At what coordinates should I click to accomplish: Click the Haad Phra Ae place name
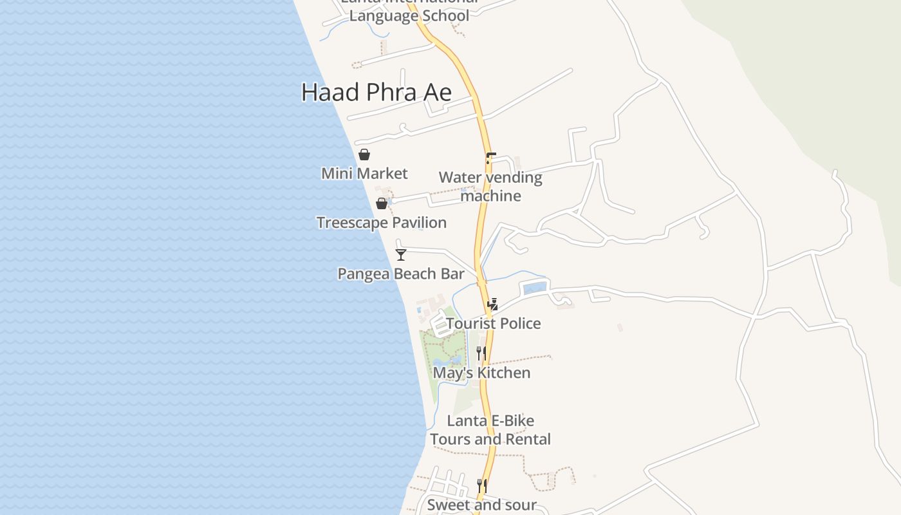pos(376,93)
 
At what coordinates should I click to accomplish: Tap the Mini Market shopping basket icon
pos(364,154)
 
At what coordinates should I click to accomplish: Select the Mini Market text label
pos(364,173)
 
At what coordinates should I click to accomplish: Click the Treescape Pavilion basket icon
pos(382,203)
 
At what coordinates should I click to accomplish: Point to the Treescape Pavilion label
pos(382,223)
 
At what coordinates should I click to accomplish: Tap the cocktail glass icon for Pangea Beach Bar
pos(401,255)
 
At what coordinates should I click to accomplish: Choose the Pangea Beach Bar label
pos(401,274)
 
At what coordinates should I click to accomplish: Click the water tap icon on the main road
pos(490,158)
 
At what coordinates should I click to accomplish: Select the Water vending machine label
pos(490,187)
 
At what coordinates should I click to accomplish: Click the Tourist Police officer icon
pos(493,304)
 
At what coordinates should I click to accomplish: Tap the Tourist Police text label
pos(494,323)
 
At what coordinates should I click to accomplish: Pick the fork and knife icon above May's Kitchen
pos(481,353)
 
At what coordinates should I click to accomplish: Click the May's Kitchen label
pos(481,373)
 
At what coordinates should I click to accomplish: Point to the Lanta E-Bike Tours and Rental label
pos(490,430)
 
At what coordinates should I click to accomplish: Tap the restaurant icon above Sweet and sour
pos(481,485)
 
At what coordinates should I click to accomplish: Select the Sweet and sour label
pos(481,505)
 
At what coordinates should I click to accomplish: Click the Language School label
pos(409,15)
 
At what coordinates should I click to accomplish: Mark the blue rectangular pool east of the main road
pos(535,288)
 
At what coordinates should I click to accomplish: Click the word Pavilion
pos(418,223)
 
